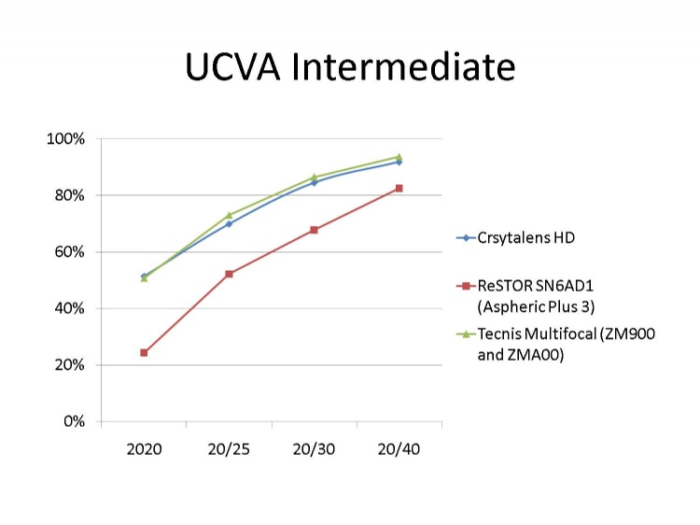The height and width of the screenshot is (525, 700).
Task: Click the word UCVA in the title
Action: tap(232, 66)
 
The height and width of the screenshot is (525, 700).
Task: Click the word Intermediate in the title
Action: tap(403, 66)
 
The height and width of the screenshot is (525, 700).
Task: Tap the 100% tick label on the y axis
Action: tap(65, 139)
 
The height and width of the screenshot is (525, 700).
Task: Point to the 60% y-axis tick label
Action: tap(69, 252)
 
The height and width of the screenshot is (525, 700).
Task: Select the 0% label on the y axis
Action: tap(74, 421)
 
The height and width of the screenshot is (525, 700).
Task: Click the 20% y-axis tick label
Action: tap(69, 365)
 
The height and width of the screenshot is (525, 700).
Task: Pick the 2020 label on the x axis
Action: tap(144, 449)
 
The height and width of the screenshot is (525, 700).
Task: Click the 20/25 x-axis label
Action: tap(229, 449)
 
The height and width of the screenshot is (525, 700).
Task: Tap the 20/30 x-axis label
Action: tap(314, 449)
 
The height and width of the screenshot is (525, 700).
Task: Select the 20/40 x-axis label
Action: tap(399, 449)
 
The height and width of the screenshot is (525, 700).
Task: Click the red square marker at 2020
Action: tap(144, 352)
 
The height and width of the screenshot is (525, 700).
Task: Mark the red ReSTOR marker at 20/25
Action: tap(229, 274)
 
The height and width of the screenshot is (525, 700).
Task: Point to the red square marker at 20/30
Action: tap(314, 230)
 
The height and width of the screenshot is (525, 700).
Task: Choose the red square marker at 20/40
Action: tap(399, 188)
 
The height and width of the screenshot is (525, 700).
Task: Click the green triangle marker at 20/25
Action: tap(229, 216)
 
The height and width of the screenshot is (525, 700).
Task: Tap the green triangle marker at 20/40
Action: tap(399, 156)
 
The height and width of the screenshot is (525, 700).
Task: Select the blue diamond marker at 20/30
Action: tap(314, 182)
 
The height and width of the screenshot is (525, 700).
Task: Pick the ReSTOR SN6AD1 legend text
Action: tap(536, 296)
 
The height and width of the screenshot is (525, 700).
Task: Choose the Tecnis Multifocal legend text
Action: tap(567, 344)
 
